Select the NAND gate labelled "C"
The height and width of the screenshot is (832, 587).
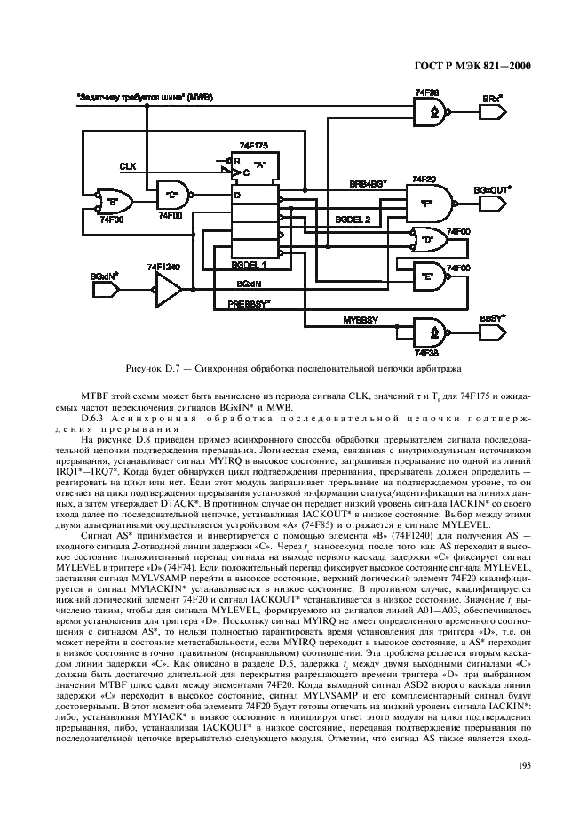tap(171, 192)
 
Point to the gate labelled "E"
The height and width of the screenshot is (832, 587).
tap(425, 276)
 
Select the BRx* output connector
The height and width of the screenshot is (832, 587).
tap(491, 111)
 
